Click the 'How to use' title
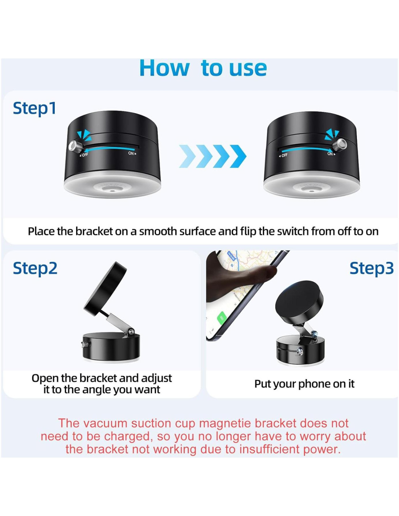pos(203,68)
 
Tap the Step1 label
pos(34,108)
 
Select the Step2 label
pos(35,268)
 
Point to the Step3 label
pos(371,268)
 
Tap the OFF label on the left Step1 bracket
pos(84,155)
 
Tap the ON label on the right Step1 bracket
pos(332,154)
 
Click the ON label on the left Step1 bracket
pos(132,153)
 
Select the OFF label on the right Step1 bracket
pos(283,155)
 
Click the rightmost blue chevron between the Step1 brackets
pos(238,156)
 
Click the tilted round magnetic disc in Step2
pos(105,287)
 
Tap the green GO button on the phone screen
pos(222,318)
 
